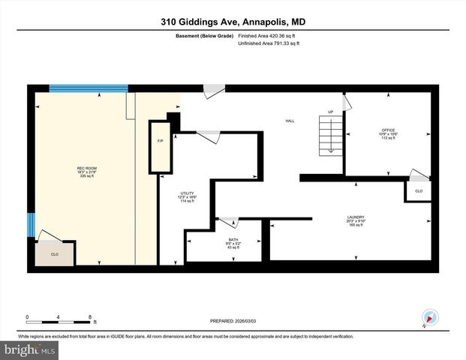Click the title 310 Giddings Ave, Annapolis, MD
pos(233,22)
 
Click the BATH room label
pos(224,241)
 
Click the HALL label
pos(289,121)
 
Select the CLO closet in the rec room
pos(55,253)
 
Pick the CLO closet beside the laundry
pos(419,191)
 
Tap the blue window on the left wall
pos(32,223)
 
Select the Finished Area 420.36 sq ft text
pos(268,36)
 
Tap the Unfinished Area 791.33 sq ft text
pos(268,44)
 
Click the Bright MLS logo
pos(30,350)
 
